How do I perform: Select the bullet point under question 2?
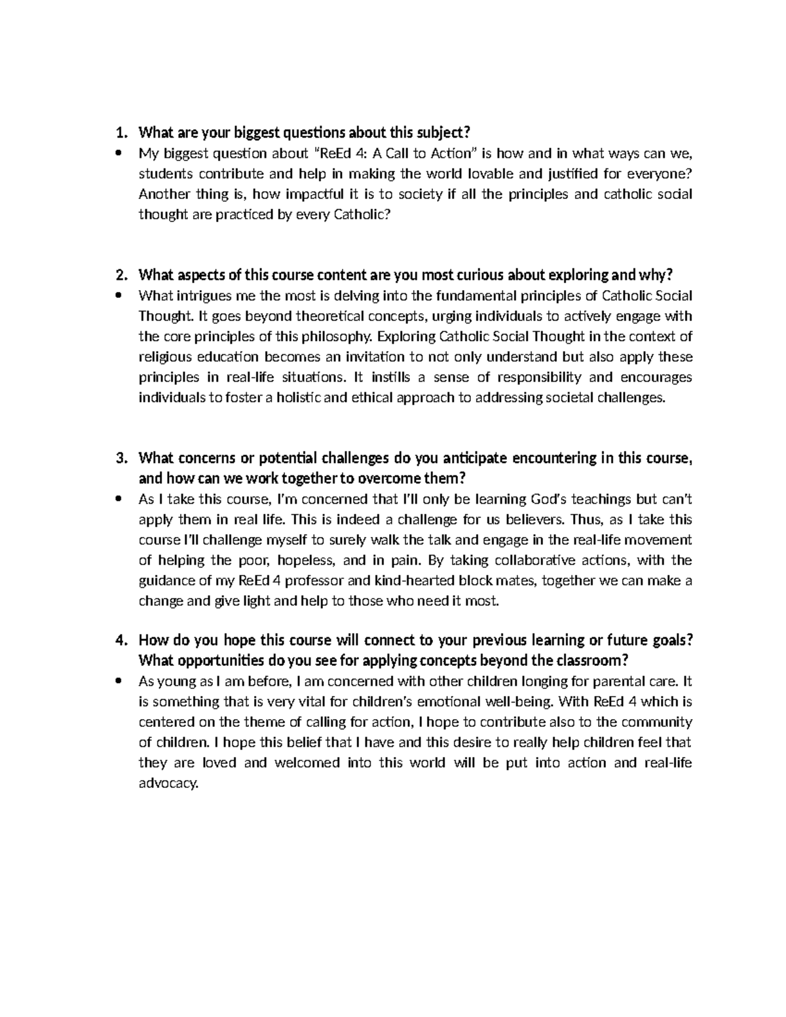[x=118, y=296]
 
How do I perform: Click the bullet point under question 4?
[x=118, y=681]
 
